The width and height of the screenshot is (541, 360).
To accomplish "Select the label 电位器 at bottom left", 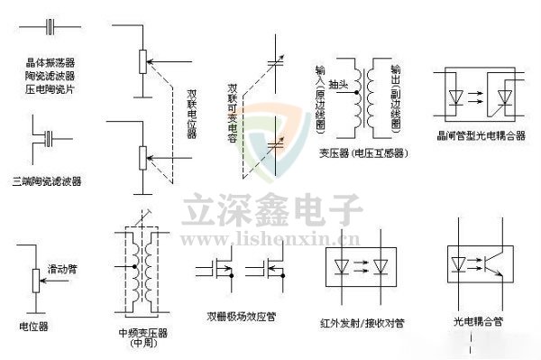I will tap(33, 323).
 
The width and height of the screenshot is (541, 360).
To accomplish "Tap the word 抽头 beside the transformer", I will tap(340, 86).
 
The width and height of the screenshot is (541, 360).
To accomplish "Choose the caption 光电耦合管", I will tap(477, 321).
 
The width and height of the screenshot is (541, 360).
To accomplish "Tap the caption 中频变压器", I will tap(142, 332).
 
